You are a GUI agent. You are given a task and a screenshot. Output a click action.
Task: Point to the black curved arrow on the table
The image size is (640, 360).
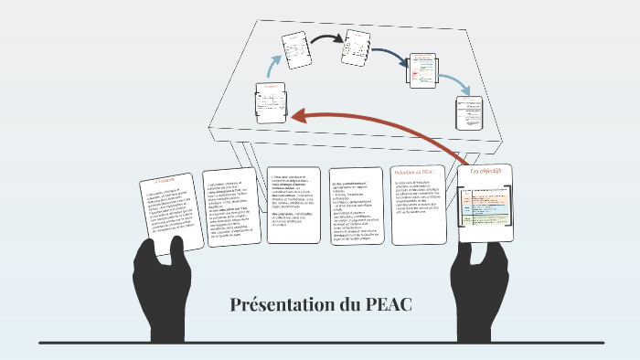(x=325, y=38)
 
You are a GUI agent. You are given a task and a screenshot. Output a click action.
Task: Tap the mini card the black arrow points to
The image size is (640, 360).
(x=355, y=48)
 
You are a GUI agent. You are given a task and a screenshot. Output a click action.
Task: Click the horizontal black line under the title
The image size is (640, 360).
(x=320, y=343)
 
